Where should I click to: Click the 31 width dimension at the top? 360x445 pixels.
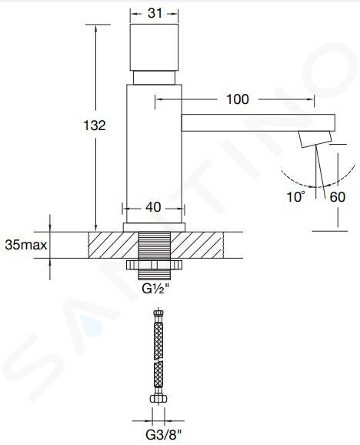(155, 13)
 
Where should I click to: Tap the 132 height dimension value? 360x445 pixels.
(95, 125)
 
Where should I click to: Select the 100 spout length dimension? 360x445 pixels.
(238, 99)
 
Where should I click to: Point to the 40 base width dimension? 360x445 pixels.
(153, 207)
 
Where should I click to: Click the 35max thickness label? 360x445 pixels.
(26, 245)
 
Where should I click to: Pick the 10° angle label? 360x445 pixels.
(296, 196)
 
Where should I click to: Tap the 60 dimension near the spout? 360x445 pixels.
(338, 197)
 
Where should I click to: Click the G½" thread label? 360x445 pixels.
(155, 289)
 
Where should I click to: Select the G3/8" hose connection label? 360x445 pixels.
(163, 434)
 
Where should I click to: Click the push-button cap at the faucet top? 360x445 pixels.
(155, 47)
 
